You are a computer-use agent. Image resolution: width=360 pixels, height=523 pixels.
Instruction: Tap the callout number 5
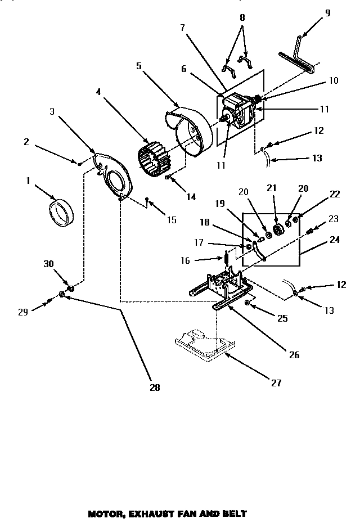(x=138, y=66)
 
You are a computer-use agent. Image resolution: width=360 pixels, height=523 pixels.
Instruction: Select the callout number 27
(x=276, y=383)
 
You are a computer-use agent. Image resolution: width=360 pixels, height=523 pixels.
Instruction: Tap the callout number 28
(x=155, y=387)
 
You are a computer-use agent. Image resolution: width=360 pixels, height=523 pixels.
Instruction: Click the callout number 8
(x=242, y=17)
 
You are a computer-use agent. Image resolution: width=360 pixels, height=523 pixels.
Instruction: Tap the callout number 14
(x=191, y=197)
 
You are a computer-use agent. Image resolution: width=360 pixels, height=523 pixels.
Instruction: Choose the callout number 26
(x=294, y=355)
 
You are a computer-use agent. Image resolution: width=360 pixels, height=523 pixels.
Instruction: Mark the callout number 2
(x=26, y=142)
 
